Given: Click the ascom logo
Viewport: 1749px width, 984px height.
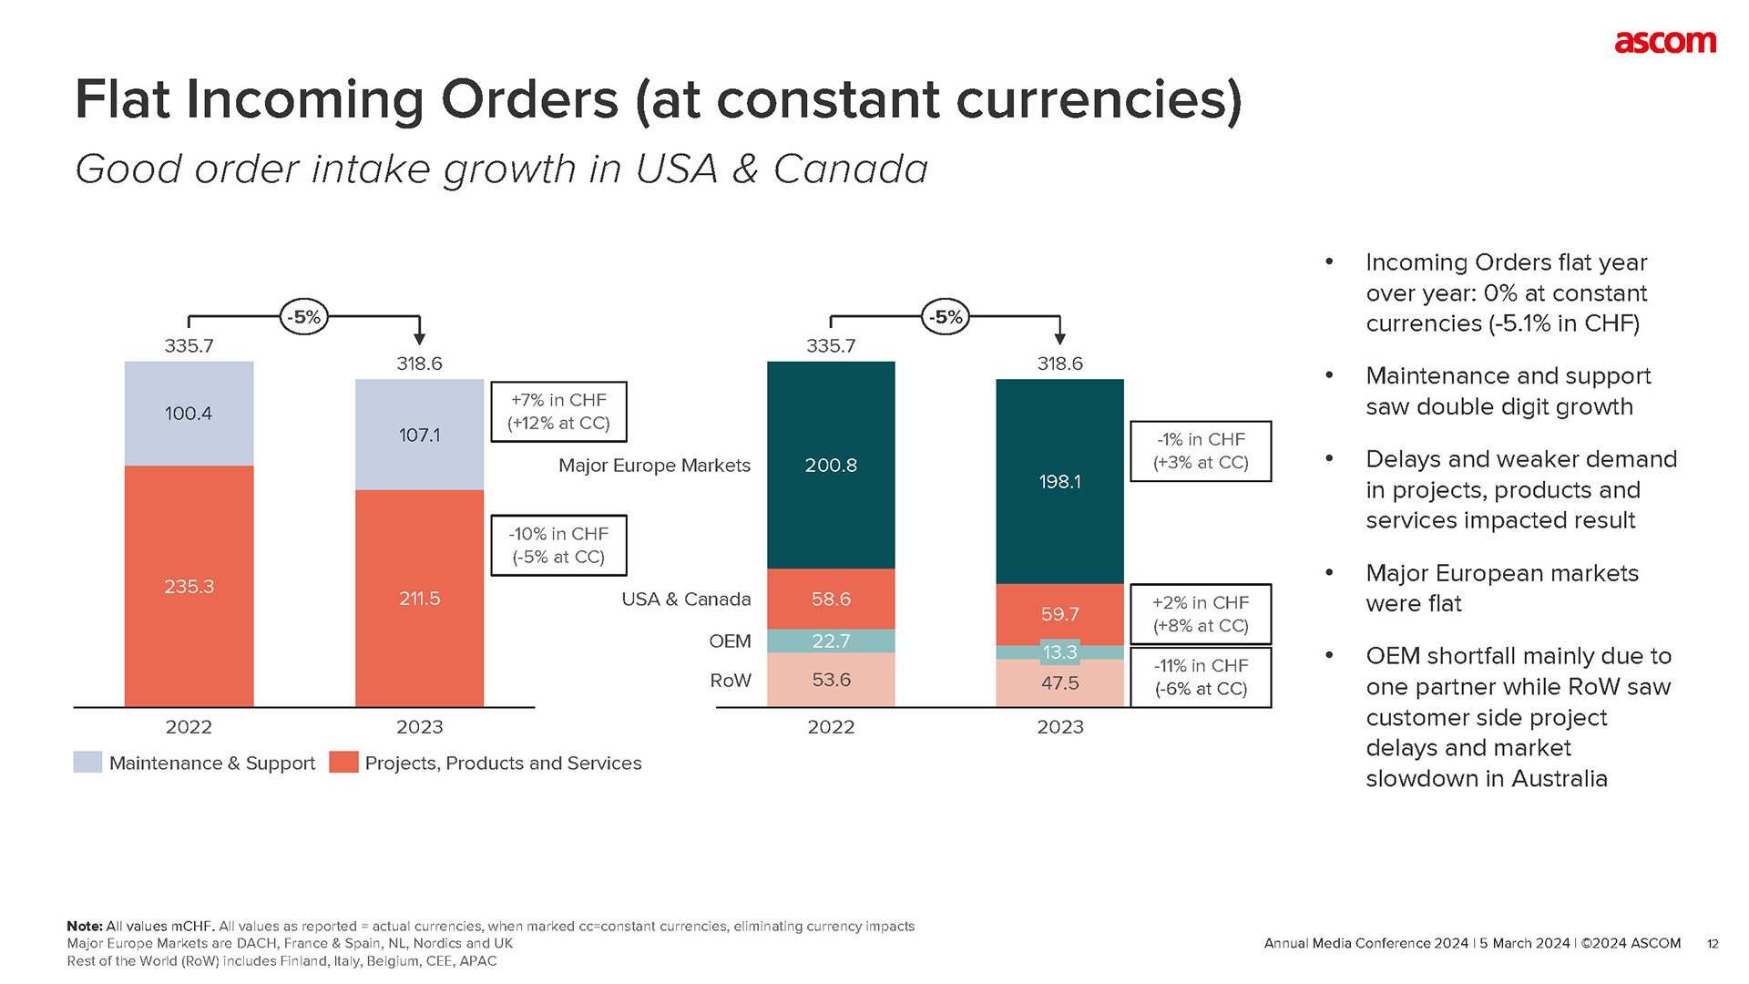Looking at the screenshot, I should click(x=1664, y=42).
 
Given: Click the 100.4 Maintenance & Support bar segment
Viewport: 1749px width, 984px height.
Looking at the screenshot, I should click(x=189, y=414).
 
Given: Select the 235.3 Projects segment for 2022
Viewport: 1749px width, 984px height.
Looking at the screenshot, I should click(x=189, y=586).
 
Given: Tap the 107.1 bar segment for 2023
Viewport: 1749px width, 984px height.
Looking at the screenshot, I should click(x=419, y=435).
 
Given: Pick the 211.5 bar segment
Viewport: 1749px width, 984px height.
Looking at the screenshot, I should click(x=419, y=599).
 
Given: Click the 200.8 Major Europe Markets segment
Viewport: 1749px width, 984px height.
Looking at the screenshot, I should click(x=831, y=465).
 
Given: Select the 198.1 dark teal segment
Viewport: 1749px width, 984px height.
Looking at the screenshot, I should click(x=1059, y=481).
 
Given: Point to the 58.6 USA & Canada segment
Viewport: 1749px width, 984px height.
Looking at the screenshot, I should click(x=831, y=599).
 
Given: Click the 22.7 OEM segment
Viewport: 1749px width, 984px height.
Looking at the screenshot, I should click(x=831, y=641).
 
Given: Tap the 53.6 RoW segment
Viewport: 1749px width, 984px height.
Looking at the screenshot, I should click(x=831, y=680).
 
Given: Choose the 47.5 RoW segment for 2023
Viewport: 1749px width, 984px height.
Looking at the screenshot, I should click(x=1059, y=683).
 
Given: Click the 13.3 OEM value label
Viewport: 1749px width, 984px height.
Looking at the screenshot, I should click(x=1059, y=652).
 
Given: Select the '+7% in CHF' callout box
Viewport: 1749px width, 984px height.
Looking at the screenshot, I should click(x=558, y=412).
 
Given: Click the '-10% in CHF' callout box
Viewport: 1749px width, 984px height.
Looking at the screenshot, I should click(x=558, y=545).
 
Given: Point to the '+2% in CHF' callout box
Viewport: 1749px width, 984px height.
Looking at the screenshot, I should click(x=1201, y=614).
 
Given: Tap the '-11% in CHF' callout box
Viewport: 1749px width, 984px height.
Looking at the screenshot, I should click(x=1201, y=677).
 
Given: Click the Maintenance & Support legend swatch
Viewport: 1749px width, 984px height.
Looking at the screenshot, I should click(x=87, y=763).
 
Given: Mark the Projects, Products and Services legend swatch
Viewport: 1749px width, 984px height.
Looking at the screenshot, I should click(x=343, y=763).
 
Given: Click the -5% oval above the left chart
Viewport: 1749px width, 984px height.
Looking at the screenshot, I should click(x=304, y=317).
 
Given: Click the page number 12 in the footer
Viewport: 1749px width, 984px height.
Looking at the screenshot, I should click(x=1713, y=944).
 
